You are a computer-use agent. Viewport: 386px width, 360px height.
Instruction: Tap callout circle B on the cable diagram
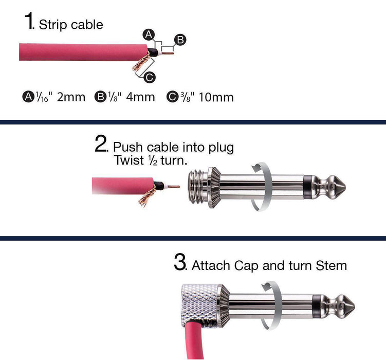click(x=180, y=40)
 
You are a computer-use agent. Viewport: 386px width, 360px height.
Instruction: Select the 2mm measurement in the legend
click(x=71, y=97)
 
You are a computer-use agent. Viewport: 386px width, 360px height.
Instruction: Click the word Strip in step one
click(x=50, y=25)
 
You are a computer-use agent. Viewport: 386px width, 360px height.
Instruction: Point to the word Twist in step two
click(x=129, y=160)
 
